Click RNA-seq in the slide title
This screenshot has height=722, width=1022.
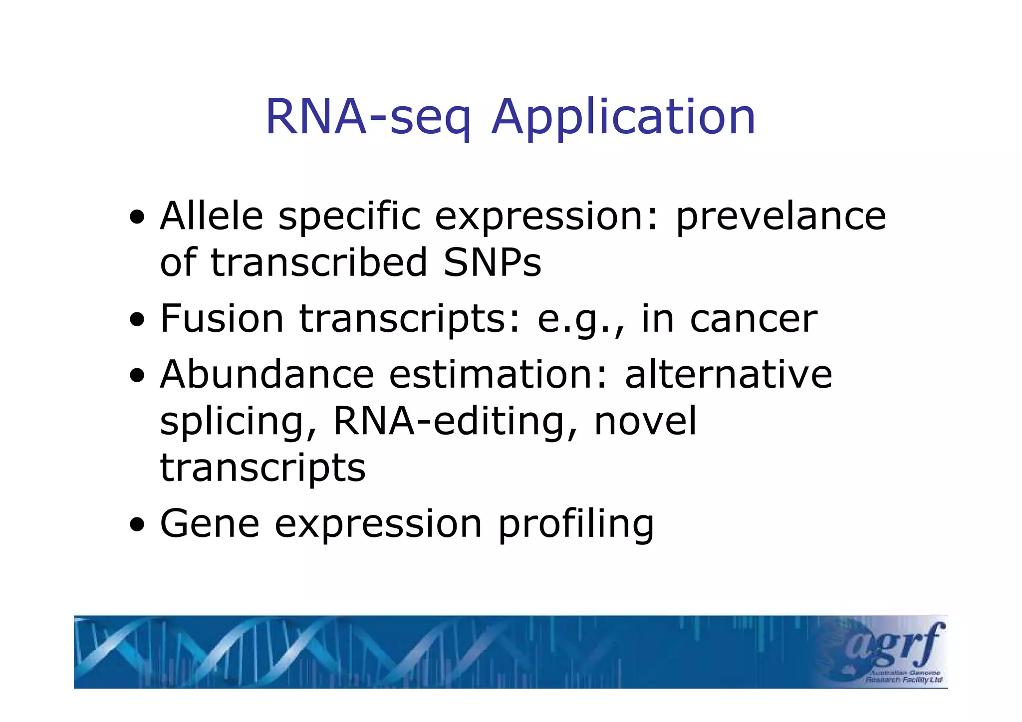tap(367, 118)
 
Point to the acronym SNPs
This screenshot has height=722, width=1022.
tap(492, 262)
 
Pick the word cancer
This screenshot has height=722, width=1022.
tap(754, 320)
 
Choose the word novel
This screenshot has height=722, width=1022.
tap(645, 421)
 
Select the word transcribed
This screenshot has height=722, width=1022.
tap(319, 262)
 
